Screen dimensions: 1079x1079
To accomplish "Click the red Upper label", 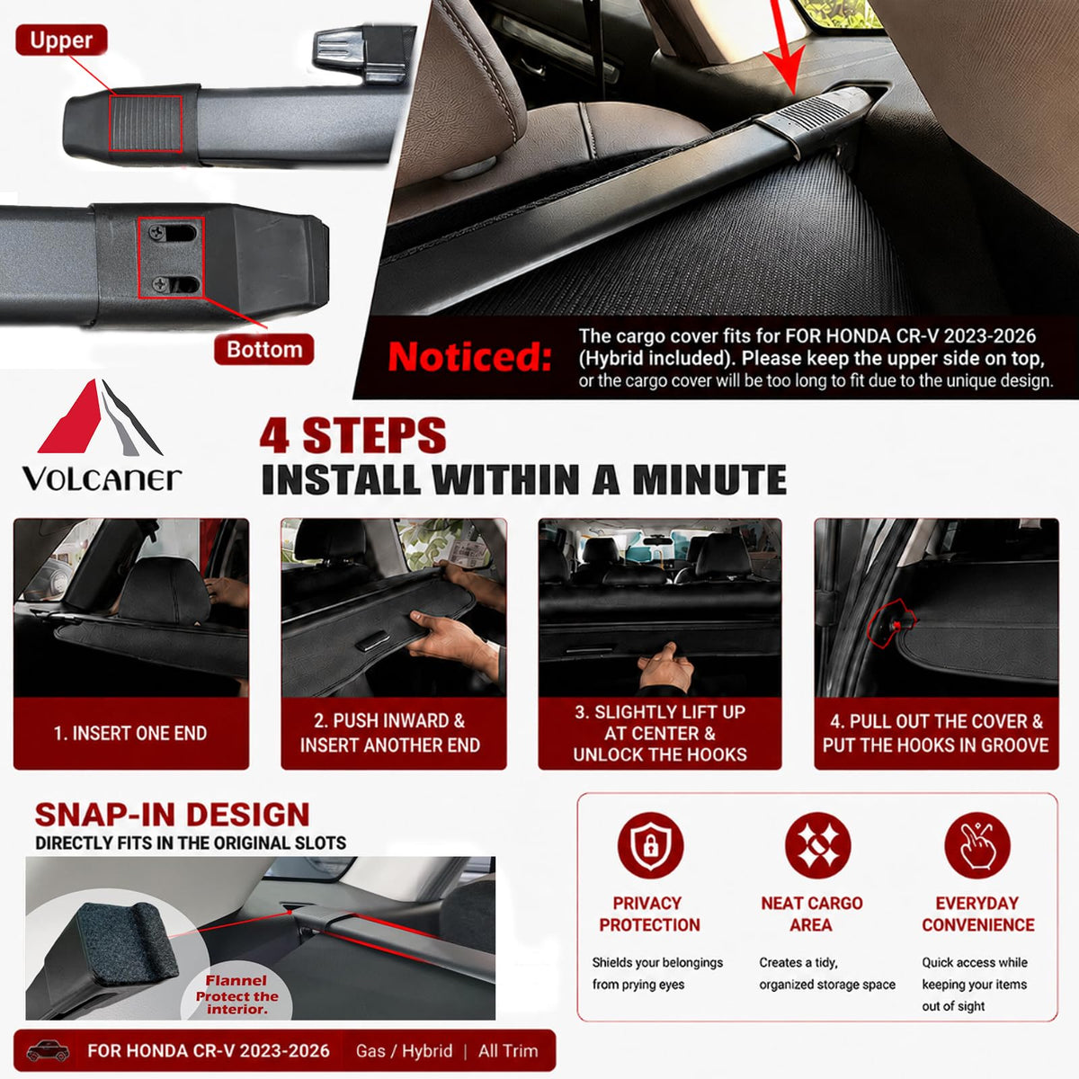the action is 61,40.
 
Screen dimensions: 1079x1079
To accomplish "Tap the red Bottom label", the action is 263,350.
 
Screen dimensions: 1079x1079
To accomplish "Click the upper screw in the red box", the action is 157,232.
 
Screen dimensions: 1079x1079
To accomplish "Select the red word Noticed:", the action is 469,356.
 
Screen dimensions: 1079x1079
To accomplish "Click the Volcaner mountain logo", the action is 100,416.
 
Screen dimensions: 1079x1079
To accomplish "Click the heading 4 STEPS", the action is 352,435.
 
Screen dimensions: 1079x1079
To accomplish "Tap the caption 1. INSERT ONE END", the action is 130,733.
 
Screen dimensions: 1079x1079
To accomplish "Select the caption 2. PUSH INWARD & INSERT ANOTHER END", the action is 390,733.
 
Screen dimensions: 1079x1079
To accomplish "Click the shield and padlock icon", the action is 650,845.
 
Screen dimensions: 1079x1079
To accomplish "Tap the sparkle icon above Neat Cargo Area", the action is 817,845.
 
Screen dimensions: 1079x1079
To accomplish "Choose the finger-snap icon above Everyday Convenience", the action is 977,845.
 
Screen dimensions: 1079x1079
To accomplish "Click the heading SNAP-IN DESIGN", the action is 172,815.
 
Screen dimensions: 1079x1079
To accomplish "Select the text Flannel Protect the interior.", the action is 236,995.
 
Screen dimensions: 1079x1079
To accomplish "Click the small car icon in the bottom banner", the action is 49,1051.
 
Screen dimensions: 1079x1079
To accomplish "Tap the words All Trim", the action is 508,1051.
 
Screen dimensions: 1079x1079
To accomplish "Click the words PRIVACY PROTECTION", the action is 649,914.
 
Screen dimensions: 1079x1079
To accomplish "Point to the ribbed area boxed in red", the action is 146,123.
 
